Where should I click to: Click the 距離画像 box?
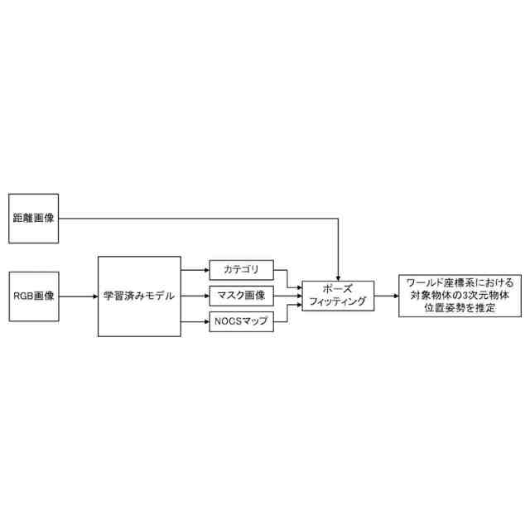33,219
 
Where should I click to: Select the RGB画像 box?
33,295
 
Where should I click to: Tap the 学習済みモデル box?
139,296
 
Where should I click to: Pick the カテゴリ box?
241,269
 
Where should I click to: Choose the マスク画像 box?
241,295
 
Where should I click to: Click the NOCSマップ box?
241,320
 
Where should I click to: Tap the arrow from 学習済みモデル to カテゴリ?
195,270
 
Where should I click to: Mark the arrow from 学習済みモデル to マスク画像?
195,296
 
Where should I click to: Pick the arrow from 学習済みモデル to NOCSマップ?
195,321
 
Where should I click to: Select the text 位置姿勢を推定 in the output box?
455,308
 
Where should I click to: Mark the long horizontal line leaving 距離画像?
199,219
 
